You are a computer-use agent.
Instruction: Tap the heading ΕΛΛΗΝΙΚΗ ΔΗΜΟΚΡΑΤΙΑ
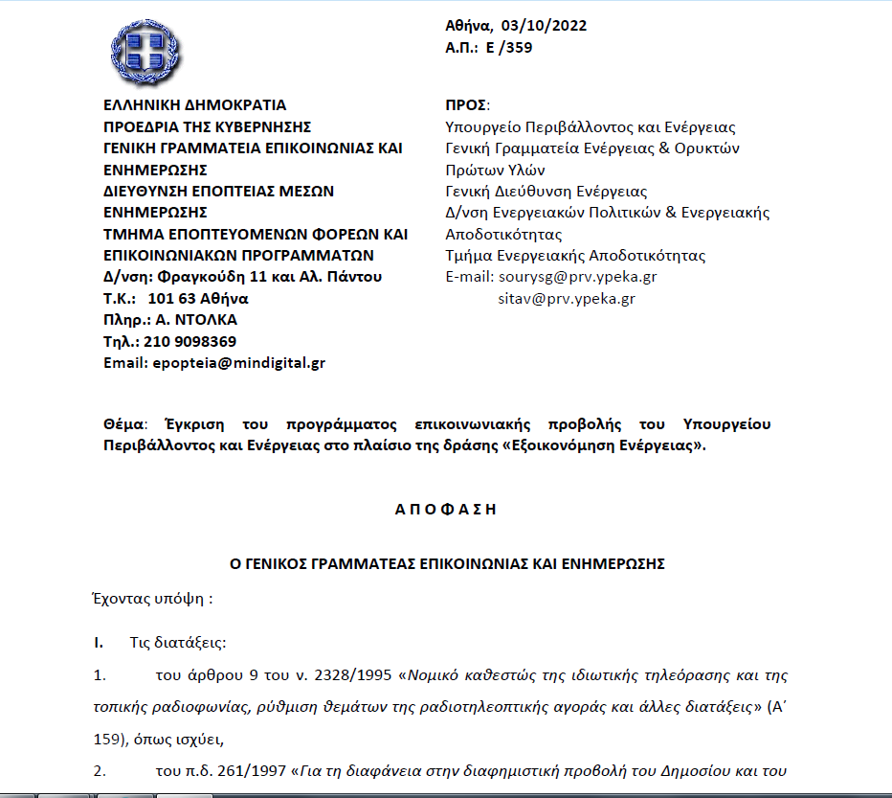tap(194, 105)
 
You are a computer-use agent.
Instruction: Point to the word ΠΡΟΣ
tap(467, 105)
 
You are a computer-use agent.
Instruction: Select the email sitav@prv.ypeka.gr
tap(567, 299)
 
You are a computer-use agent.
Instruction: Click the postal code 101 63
tap(172, 298)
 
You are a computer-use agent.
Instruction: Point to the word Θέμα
tap(123, 423)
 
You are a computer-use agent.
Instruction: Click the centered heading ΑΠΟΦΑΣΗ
tap(446, 510)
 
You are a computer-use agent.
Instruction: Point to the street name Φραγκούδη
tap(199, 277)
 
